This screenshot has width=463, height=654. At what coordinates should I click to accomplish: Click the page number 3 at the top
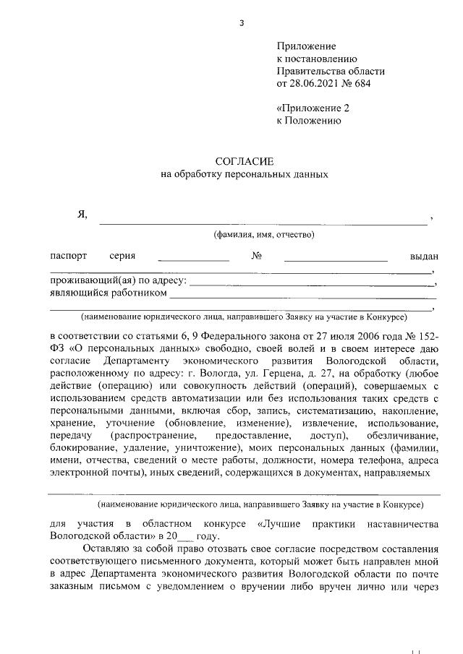(x=242, y=23)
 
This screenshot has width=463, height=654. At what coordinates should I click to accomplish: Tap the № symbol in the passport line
(x=255, y=257)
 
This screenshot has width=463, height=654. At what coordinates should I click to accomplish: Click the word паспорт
(x=69, y=257)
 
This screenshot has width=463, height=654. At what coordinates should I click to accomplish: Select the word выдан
(x=423, y=257)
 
